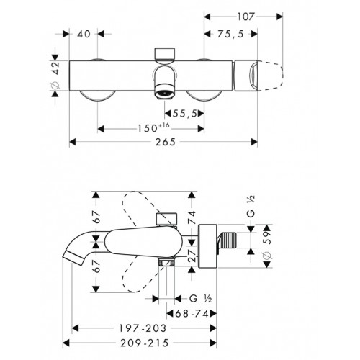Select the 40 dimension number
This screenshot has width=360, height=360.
click(84, 34)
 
